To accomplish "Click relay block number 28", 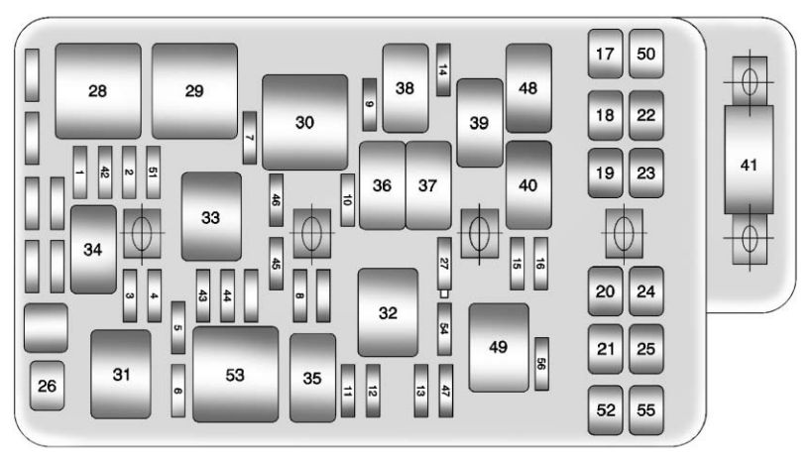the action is tap(98, 91).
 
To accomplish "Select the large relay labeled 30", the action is tap(304, 122).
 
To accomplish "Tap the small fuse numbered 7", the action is tap(250, 138).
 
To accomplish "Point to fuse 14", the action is tap(443, 70).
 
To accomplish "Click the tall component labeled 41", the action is tap(749, 160).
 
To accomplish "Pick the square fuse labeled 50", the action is tap(646, 54).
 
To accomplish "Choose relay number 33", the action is tap(211, 216).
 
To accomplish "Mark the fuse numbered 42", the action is tap(105, 172).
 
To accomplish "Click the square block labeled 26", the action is tap(48, 386).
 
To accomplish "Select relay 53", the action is tap(236, 374).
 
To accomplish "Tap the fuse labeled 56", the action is tap(541, 364).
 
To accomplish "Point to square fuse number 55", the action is tap(646, 410).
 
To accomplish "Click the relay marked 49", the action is tap(499, 348).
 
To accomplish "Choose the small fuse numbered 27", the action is tap(444, 264).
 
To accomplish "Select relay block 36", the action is tap(382, 185).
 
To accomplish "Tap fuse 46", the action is tap(276, 200).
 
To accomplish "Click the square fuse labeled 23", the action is tap(646, 173).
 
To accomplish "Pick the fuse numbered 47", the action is tap(445, 391).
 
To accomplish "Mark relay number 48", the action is tap(528, 88).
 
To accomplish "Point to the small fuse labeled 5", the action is tap(178, 327).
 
